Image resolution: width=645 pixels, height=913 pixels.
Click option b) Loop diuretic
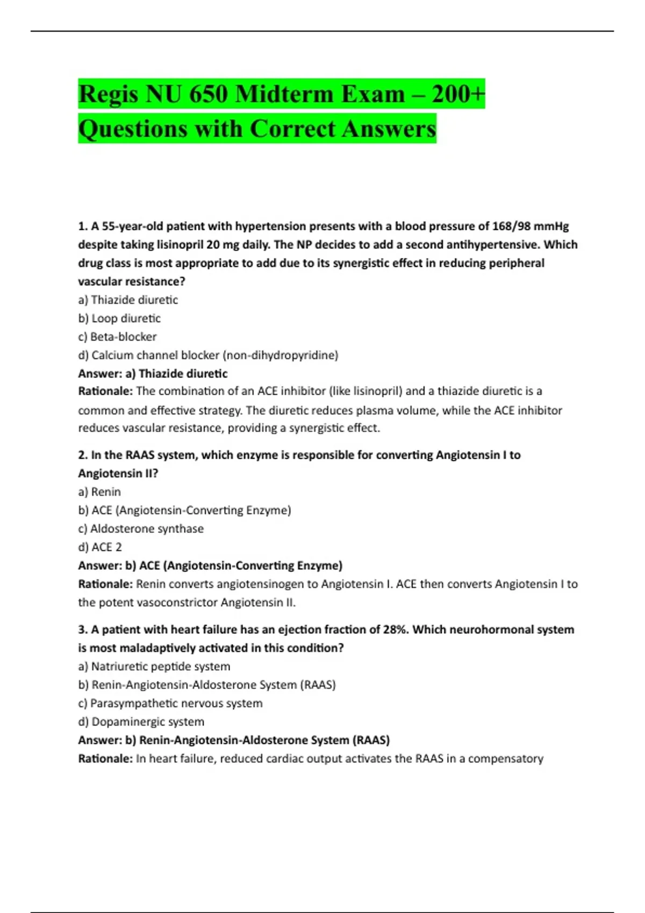pos(119,318)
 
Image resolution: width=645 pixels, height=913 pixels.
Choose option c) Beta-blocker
pos(117,337)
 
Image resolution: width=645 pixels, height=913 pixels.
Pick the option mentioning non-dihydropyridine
pos(208,355)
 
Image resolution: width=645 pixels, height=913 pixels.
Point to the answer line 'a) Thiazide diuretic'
pos(153,373)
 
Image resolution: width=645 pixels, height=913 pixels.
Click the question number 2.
pos(82,455)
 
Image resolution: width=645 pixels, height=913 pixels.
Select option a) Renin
pos(99,492)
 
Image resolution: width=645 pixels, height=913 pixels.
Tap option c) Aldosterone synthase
pos(141,528)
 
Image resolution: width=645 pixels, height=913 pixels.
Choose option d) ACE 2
pos(100,547)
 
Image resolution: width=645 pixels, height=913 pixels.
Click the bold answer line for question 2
pos(210,566)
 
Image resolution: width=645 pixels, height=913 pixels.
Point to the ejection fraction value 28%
pos(395,629)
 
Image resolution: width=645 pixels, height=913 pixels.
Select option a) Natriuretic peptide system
pos(154,666)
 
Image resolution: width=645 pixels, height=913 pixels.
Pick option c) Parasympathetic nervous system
pos(170,703)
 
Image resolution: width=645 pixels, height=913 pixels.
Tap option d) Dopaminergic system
pos(141,722)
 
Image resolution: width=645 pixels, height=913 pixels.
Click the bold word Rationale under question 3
pos(105,758)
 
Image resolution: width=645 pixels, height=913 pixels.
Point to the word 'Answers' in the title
pos(389,129)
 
